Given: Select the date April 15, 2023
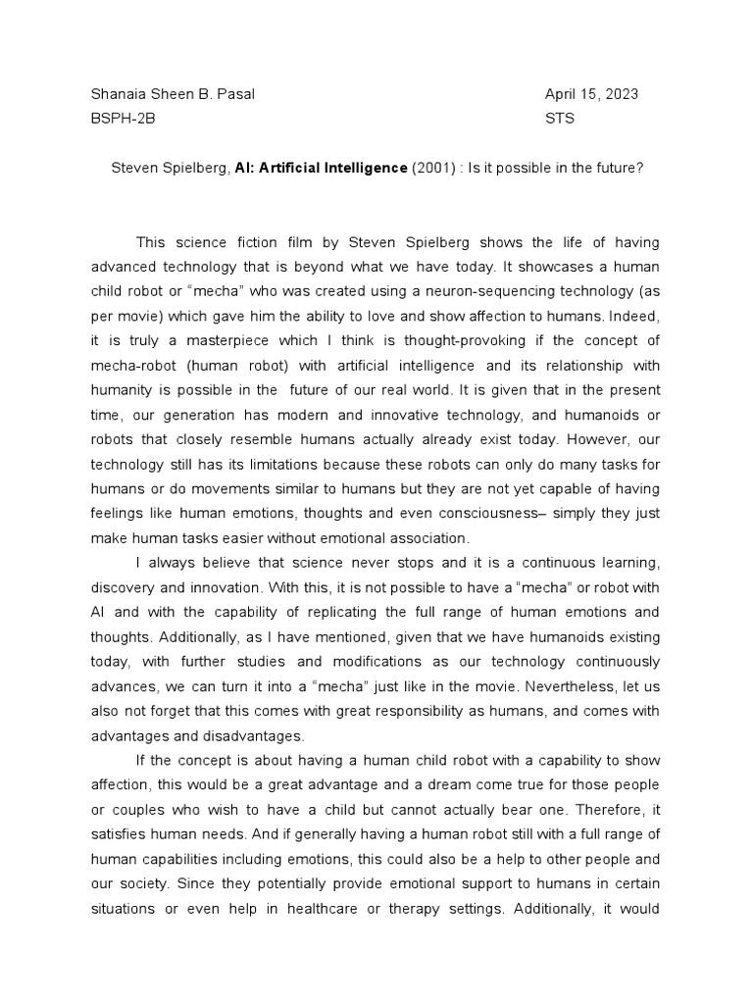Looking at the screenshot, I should click(591, 94).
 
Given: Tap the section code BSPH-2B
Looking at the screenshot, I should click(123, 119).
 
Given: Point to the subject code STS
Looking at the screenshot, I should click(560, 119).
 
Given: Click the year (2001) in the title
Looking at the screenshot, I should click(434, 168).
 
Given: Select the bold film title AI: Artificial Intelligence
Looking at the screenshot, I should click(321, 168).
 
